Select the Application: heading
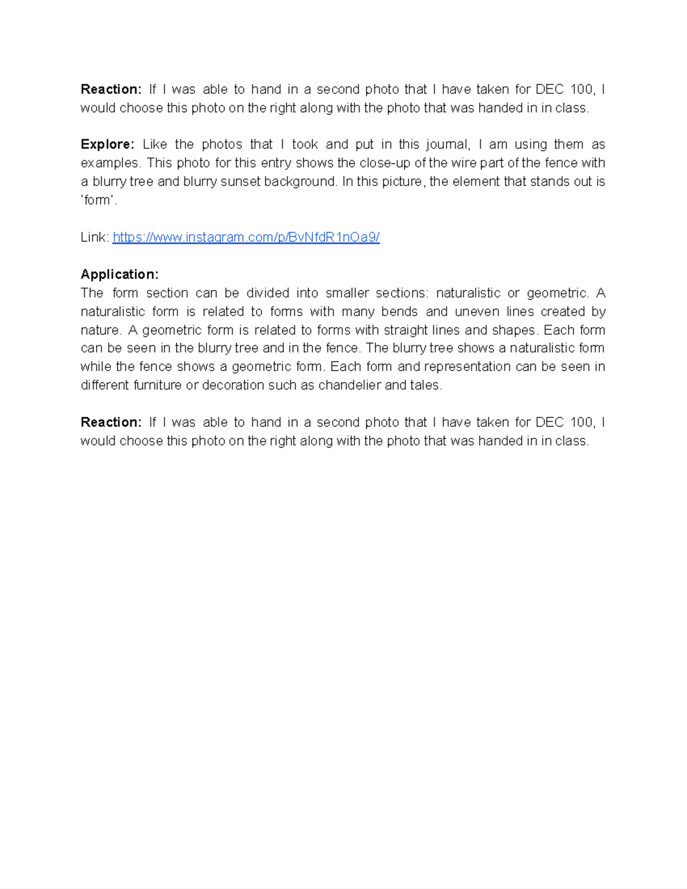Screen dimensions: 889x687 tap(120, 274)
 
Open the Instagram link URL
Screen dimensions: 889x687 tap(246, 237)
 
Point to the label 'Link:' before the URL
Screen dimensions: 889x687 tap(94, 237)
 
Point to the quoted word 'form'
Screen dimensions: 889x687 tap(98, 200)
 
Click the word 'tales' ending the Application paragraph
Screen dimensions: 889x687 tap(425, 385)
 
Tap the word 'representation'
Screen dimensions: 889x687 tap(467, 366)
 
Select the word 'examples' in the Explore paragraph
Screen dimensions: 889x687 tap(110, 163)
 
